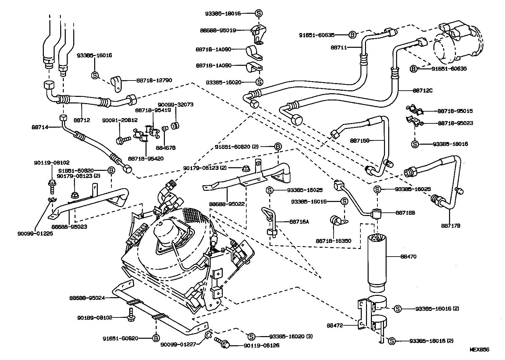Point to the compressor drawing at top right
point(456,43)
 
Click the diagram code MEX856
point(479,350)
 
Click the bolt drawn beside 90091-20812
point(123,140)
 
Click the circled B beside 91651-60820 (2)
point(277,147)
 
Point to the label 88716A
point(299,222)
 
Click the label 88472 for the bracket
point(334,325)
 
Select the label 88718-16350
point(333,241)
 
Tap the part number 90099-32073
point(175,105)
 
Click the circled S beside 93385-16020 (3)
point(251,336)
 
